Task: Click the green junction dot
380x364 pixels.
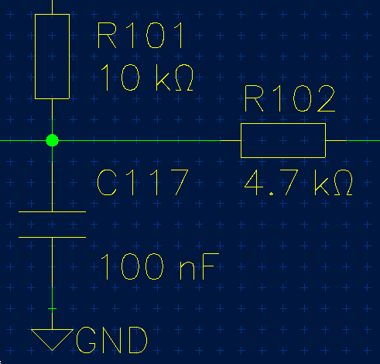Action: point(52,140)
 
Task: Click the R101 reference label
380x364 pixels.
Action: point(140,35)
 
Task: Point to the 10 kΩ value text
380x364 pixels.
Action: point(147,77)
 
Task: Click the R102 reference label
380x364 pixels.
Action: point(289,98)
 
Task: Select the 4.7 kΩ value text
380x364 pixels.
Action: point(298,182)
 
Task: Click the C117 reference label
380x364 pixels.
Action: point(142,182)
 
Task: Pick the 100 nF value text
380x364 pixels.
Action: point(159,266)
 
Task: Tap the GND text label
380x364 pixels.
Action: point(111,340)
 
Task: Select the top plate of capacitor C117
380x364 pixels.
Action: point(52,211)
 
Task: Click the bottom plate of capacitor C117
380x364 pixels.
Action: point(52,237)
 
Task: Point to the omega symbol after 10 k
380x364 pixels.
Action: point(184,77)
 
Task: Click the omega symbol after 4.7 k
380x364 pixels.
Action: point(344,182)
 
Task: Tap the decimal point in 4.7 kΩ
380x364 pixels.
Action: point(271,194)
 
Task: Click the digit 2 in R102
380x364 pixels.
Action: point(326,98)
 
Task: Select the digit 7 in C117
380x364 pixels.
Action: point(180,182)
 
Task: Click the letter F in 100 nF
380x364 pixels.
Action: point(211,266)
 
